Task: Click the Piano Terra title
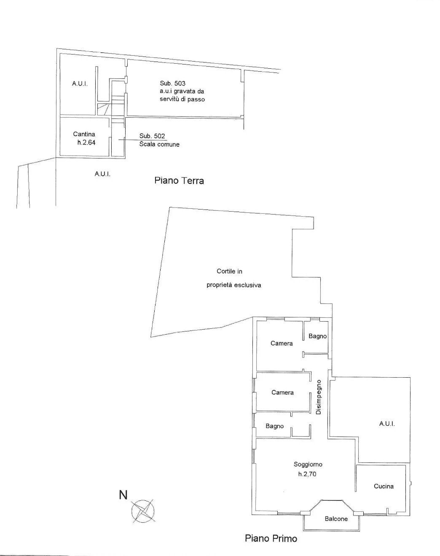[x=179, y=180]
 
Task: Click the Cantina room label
[x=84, y=134]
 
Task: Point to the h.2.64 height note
[x=86, y=142]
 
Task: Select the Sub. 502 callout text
[x=152, y=136]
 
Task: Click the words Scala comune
[x=159, y=144]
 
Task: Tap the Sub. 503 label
[x=173, y=83]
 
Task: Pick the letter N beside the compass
[x=123, y=495]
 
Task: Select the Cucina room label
[x=384, y=486]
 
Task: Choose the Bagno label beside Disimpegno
[x=275, y=426]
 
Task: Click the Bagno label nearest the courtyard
[x=317, y=336]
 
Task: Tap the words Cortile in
[x=229, y=271]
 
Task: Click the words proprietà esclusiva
[x=234, y=285]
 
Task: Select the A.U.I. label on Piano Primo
[x=387, y=424]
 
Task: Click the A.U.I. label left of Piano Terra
[x=102, y=174]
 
